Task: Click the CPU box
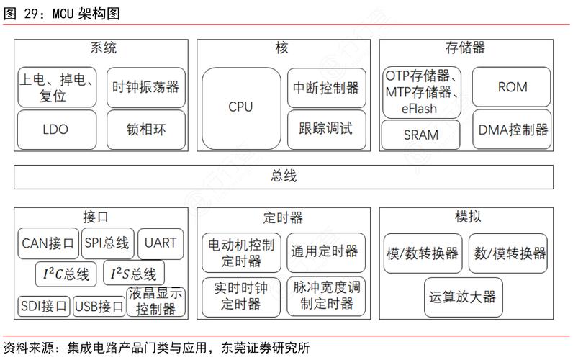point(240,107)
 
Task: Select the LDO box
point(55,130)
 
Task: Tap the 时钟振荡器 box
point(146,87)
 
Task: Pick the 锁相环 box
point(146,130)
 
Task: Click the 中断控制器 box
point(326,87)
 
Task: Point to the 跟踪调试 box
point(326,130)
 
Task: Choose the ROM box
point(513,87)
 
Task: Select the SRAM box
point(421,135)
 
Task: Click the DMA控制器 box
point(513,130)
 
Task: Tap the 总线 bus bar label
point(284,176)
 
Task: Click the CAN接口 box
point(48,243)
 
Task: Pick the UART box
point(160,243)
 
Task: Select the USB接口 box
point(99,307)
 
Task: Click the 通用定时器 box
point(325,252)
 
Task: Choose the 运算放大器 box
point(463,297)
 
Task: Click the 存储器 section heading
point(465,48)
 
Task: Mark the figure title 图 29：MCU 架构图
point(62,13)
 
